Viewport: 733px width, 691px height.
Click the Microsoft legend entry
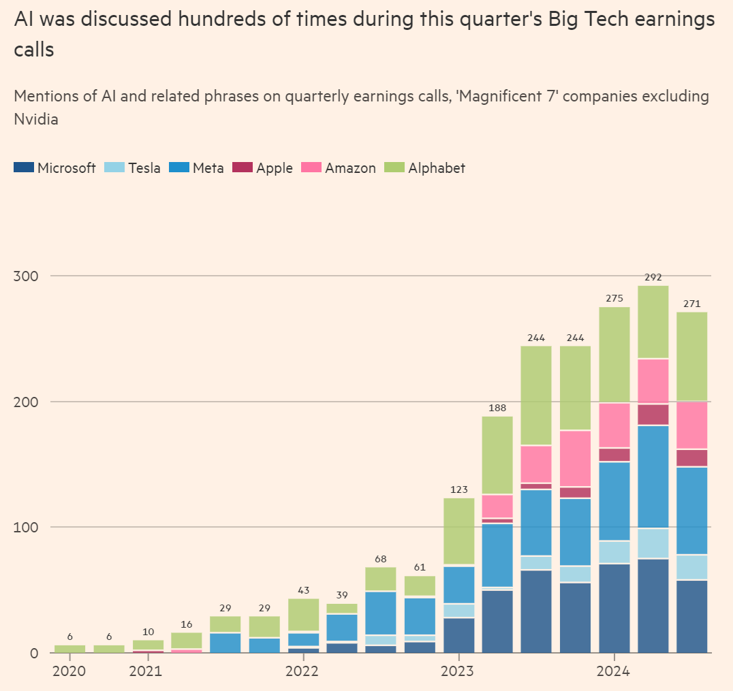click(x=54, y=168)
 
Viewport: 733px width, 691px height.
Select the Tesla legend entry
click(x=133, y=168)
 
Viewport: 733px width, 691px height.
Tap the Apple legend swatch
click(x=243, y=167)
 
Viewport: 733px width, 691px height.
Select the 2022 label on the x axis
click(x=302, y=671)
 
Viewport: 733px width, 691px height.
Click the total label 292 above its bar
click(x=653, y=277)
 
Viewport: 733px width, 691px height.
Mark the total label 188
click(x=497, y=408)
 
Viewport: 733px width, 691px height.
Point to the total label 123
click(x=458, y=489)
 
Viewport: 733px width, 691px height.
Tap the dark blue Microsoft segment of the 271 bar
click(x=691, y=616)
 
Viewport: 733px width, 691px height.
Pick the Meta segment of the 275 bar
click(x=614, y=501)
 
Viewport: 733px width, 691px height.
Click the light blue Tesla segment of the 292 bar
click(x=653, y=543)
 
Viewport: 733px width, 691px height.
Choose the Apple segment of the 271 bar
click(x=691, y=457)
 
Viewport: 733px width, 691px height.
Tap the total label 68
click(x=380, y=559)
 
